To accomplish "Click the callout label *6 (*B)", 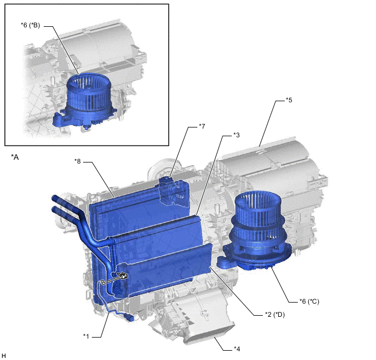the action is [x=30, y=25].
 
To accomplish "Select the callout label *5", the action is [x=289, y=100].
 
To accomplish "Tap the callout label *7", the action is [x=202, y=126].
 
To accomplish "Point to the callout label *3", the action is [x=236, y=135].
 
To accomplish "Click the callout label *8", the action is [x=78, y=161].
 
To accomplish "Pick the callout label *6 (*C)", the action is [x=309, y=301].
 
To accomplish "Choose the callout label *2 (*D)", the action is [x=275, y=315].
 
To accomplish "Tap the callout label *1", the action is [x=86, y=336].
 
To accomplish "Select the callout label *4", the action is [x=237, y=349].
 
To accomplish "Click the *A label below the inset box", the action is [x=15, y=157].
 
